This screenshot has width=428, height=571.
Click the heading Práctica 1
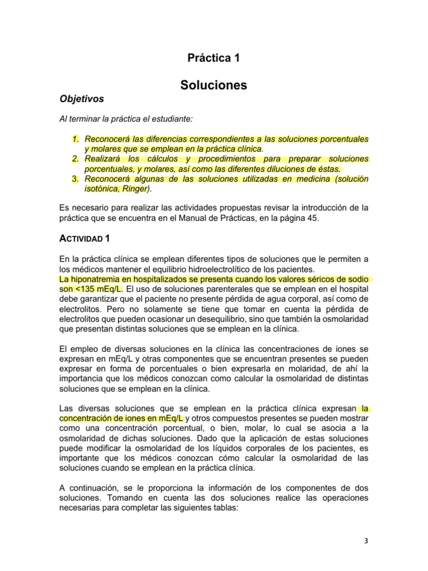(x=213, y=57)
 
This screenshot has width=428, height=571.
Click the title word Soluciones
(x=213, y=85)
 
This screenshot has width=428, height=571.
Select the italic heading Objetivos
(x=81, y=99)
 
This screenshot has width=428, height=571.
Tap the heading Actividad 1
(x=85, y=239)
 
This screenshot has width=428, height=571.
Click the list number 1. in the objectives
(x=76, y=139)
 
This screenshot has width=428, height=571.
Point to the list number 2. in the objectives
(x=76, y=159)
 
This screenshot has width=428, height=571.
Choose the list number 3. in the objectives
(x=76, y=179)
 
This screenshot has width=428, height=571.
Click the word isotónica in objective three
(x=101, y=189)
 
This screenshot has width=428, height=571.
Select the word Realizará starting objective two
(x=103, y=159)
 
